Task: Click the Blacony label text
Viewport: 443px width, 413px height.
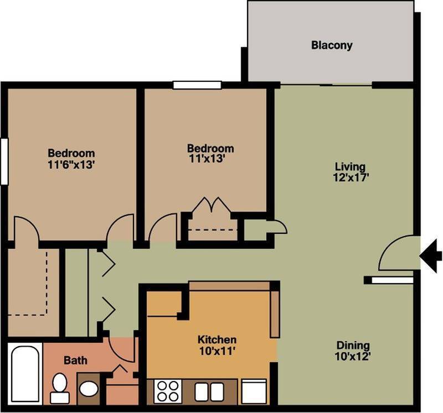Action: (x=331, y=45)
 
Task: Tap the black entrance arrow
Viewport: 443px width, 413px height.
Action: (x=430, y=255)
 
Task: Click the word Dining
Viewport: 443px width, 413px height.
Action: (x=353, y=346)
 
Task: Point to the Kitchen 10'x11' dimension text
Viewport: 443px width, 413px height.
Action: (x=217, y=351)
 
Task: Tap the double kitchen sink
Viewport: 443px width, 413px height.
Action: (x=209, y=391)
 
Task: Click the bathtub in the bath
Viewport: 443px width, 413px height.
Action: (x=25, y=373)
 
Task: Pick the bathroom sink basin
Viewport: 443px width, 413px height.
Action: (x=88, y=388)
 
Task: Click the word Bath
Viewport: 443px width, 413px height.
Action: (x=75, y=360)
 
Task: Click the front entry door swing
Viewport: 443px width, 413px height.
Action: (x=396, y=254)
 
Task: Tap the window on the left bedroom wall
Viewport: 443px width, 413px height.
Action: (x=4, y=160)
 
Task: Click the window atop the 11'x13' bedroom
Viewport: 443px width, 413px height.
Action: (x=197, y=85)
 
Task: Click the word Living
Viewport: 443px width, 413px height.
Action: (x=350, y=166)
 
